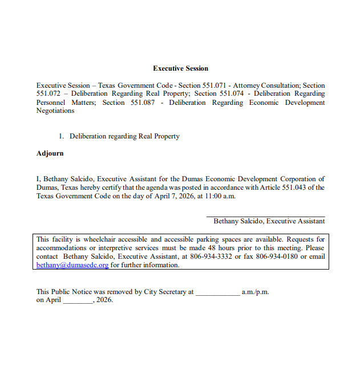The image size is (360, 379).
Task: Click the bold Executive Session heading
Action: (180, 68)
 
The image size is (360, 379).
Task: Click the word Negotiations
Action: (55, 111)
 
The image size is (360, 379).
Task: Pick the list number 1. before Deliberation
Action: (62, 136)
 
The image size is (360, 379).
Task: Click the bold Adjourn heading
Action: (50, 153)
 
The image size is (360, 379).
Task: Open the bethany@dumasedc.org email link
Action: (72, 265)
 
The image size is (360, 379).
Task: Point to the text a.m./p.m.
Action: (256, 292)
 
